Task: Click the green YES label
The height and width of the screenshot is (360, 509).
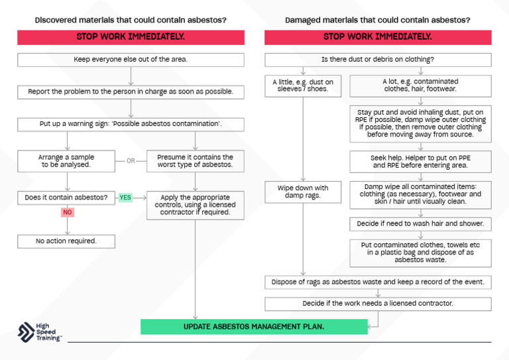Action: [125, 197]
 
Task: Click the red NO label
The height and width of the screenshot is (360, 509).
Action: [67, 212]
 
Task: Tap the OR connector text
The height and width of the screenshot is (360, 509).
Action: [131, 160]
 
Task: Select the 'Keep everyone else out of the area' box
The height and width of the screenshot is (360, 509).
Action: [131, 60]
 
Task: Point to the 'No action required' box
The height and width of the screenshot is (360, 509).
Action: [66, 241]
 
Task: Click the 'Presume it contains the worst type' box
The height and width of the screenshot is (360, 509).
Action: [195, 160]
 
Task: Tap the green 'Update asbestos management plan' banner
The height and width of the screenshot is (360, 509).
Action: [254, 326]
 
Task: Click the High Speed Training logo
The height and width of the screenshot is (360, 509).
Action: [40, 332]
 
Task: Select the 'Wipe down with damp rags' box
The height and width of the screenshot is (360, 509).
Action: [303, 192]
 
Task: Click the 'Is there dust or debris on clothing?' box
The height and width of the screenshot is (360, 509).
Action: [378, 60]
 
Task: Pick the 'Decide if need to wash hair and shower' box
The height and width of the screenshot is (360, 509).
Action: [420, 223]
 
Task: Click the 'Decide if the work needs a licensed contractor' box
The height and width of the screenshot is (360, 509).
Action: [378, 304]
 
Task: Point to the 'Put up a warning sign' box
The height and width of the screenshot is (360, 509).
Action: [131, 124]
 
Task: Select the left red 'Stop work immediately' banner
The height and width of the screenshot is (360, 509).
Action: [131, 37]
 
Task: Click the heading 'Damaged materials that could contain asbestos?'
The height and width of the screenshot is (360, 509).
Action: [378, 20]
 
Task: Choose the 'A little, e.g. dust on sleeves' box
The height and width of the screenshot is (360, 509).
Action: [303, 84]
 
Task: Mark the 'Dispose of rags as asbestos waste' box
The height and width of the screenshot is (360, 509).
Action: [378, 282]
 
